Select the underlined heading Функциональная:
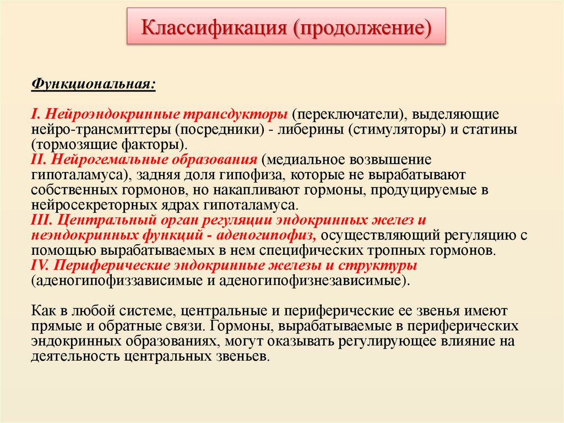(93, 84)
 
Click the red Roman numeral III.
(42, 220)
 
